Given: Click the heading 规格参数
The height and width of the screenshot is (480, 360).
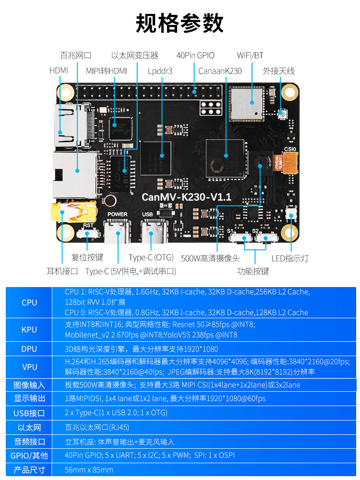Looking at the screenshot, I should (x=180, y=23).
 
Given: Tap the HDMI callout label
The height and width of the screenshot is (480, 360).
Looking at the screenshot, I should (x=59, y=71).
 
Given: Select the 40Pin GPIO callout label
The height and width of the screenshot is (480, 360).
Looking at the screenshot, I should (x=195, y=55).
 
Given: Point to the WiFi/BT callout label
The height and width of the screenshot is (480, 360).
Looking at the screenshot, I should (x=250, y=55).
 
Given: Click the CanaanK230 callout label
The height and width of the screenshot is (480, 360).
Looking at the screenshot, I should (x=220, y=71).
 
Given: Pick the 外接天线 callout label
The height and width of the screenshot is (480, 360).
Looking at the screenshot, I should (x=278, y=71).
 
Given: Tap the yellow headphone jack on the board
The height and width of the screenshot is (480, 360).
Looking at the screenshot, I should (x=67, y=211).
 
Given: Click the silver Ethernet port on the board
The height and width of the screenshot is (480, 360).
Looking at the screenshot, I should (x=72, y=173).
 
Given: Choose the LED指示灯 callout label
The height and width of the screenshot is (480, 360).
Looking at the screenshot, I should (x=290, y=258).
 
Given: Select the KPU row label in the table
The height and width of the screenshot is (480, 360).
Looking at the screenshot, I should (x=29, y=330).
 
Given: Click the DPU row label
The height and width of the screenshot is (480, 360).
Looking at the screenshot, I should (x=29, y=349).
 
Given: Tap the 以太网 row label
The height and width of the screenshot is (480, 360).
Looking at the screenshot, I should (x=29, y=428).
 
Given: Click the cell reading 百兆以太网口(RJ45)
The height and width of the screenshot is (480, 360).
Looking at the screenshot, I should (x=97, y=427).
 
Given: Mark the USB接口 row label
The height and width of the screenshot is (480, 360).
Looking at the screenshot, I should (x=29, y=413).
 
